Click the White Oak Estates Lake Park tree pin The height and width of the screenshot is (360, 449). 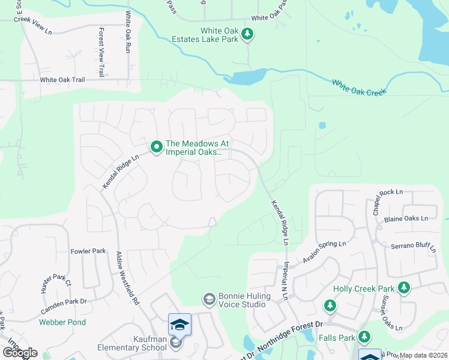tap(247, 36)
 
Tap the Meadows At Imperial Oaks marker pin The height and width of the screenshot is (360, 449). tap(156, 146)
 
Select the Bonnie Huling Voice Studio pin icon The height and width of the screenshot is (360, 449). tap(209, 299)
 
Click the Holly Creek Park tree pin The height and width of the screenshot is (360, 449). tap(404, 288)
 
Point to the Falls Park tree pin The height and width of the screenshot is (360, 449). tap(364, 337)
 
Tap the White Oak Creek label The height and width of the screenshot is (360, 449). tap(360, 88)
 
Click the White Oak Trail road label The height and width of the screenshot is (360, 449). tap(62, 80)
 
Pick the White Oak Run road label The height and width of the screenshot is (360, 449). tap(128, 33)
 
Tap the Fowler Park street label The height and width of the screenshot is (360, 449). tap(88, 251)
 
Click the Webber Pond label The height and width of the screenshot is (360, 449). tap(62, 322)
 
